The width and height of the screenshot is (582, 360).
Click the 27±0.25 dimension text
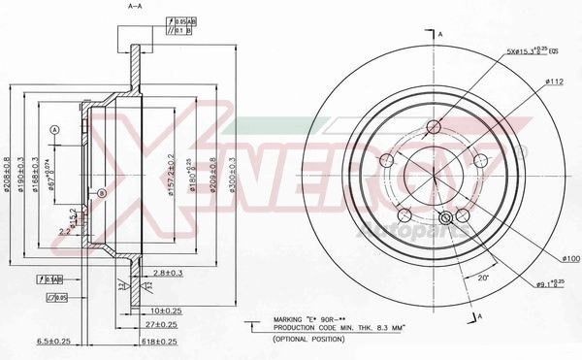(x=154, y=325)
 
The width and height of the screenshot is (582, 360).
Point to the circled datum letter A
(x=55, y=129)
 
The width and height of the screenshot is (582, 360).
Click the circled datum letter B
(x=101, y=194)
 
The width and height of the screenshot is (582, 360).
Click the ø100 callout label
(x=571, y=258)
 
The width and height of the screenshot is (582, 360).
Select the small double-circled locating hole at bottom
(x=447, y=219)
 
